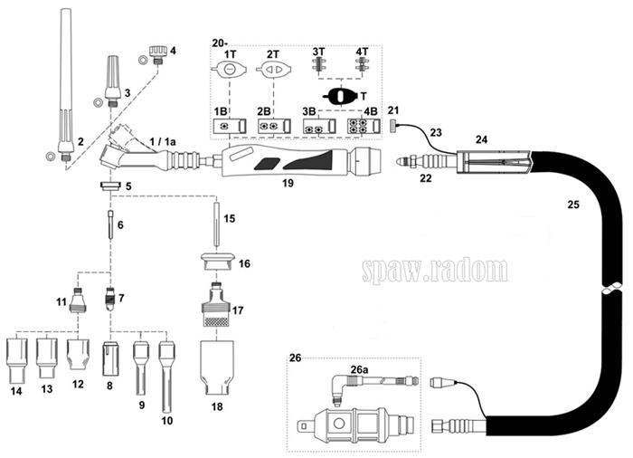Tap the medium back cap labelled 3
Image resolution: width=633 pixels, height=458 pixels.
pyautogui.click(x=113, y=80)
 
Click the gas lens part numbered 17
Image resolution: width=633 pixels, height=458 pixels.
pyautogui.click(x=217, y=304)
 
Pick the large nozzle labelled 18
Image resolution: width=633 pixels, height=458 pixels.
pyautogui.click(x=217, y=367)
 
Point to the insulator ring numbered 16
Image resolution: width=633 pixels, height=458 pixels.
pyautogui.click(x=218, y=262)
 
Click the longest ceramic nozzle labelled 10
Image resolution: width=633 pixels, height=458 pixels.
pyautogui.click(x=166, y=376)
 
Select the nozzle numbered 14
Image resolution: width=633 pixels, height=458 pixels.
pyautogui.click(x=17, y=360)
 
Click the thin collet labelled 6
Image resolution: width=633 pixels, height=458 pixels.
pyautogui.click(x=110, y=224)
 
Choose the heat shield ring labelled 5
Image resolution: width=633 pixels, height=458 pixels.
pyautogui.click(x=110, y=186)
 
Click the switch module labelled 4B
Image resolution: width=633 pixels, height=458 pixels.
pyautogui.click(x=364, y=126)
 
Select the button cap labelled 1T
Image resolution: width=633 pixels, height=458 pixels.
pyautogui.click(x=229, y=69)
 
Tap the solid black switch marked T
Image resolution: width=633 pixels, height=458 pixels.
pyautogui.click(x=341, y=96)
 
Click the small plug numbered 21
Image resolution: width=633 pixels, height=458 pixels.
pyautogui.click(x=393, y=125)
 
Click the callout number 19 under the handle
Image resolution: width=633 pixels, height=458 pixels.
pyautogui.click(x=288, y=183)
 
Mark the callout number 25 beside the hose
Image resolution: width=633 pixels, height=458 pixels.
pyautogui.click(x=572, y=205)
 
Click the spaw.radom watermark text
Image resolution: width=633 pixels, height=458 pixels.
pyautogui.click(x=435, y=270)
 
